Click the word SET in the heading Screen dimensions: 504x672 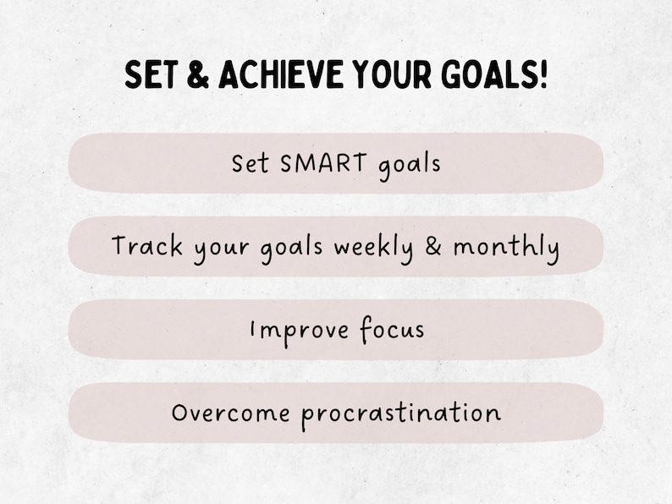[149, 76]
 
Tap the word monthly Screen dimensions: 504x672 [505, 248]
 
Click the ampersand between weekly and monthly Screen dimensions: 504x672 [433, 247]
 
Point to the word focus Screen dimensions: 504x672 [389, 329]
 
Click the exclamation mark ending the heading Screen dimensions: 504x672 [543, 76]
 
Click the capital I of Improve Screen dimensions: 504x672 [253, 329]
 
